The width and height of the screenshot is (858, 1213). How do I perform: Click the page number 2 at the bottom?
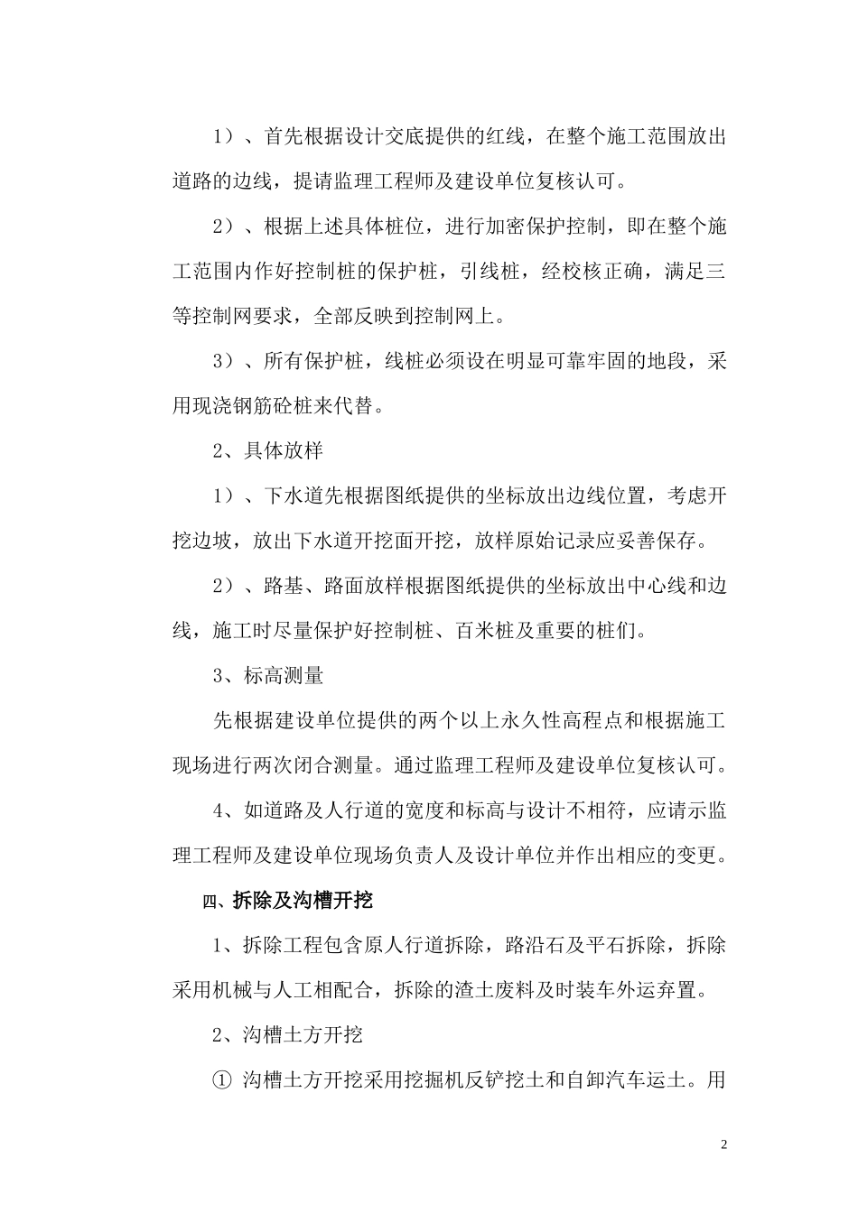tap(724, 1144)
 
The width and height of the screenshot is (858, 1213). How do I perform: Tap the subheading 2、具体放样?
tap(268, 450)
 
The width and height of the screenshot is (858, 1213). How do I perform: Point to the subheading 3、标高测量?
tap(268, 675)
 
